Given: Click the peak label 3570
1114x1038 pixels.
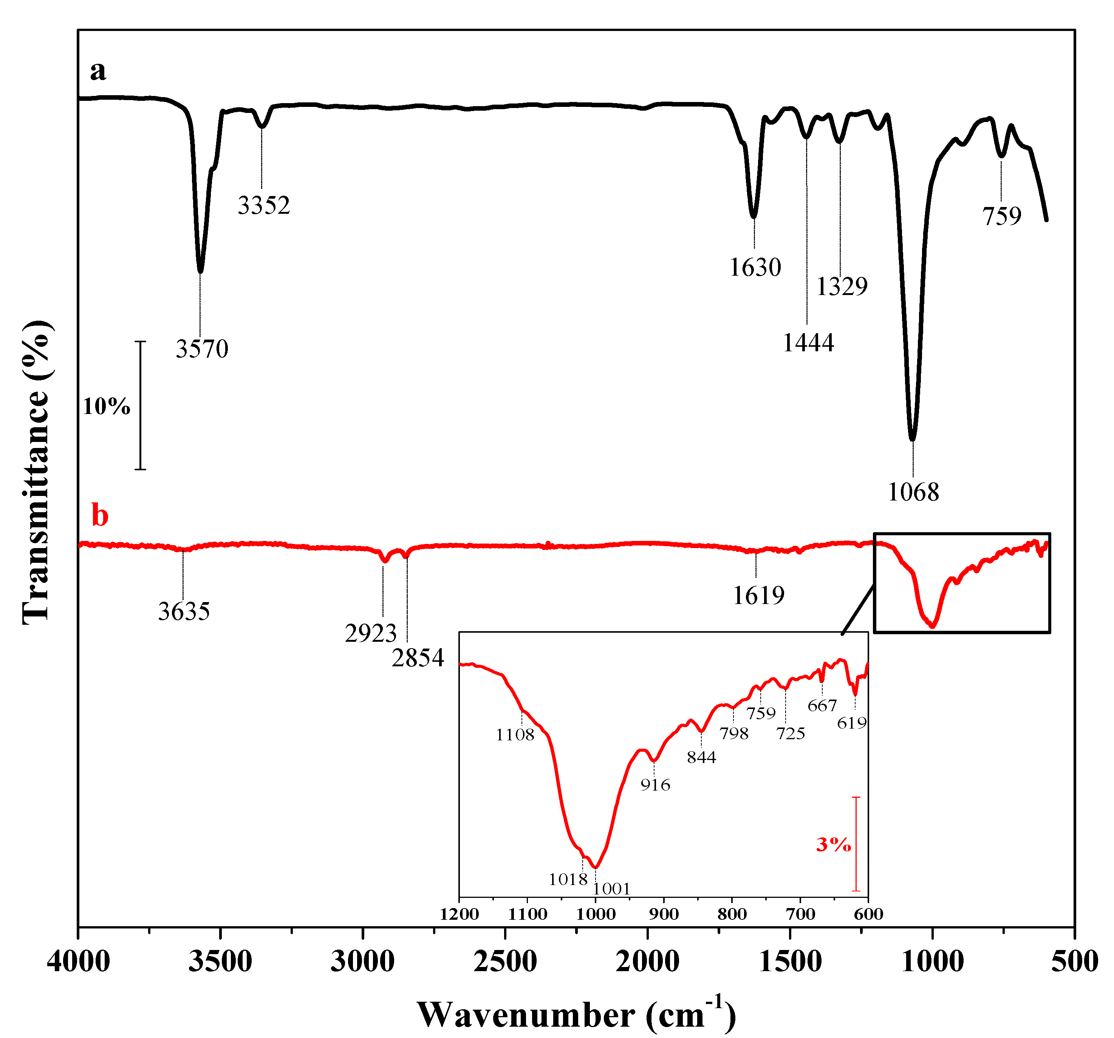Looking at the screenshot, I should (x=202, y=349).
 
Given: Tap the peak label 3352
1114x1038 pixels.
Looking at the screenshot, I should (x=263, y=205).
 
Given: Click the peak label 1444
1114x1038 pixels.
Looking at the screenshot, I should (x=808, y=342).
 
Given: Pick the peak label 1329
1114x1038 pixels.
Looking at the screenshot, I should (x=842, y=287).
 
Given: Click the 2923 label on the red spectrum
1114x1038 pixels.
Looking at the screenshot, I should (x=370, y=633).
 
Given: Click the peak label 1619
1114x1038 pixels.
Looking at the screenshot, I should (x=759, y=595).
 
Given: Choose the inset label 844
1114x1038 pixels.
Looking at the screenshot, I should (x=701, y=757).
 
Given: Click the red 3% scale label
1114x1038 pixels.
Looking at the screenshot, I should (x=833, y=844).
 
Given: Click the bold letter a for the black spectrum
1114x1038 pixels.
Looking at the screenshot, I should (x=98, y=71).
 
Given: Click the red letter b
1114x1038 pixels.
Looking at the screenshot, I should (x=100, y=515).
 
